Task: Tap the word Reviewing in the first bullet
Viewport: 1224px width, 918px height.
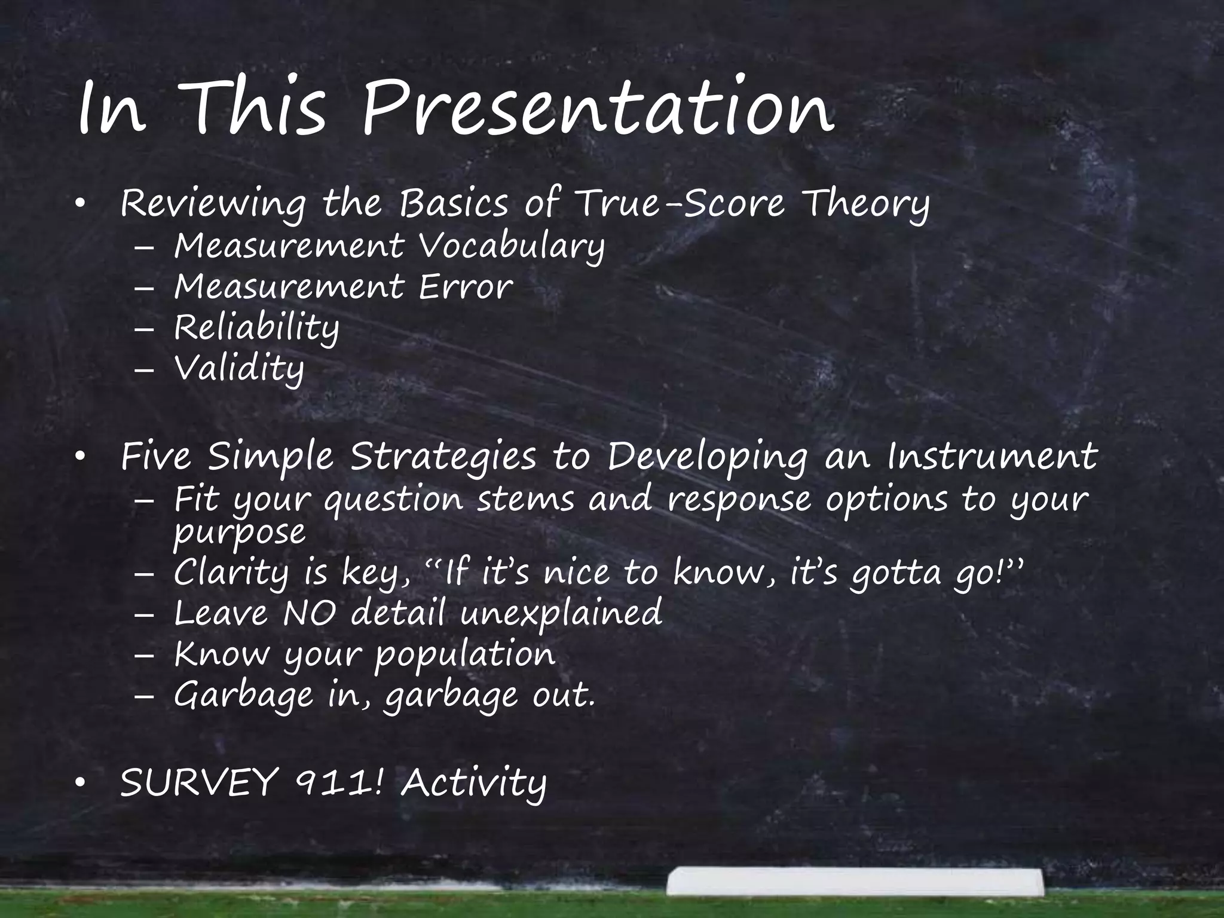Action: (213, 204)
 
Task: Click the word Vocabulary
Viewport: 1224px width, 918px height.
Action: (512, 246)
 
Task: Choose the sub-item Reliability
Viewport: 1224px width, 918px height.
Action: (256, 328)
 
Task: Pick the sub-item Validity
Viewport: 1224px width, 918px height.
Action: (239, 369)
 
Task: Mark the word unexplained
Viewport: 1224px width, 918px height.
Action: (561, 614)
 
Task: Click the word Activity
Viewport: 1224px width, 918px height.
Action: (473, 784)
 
